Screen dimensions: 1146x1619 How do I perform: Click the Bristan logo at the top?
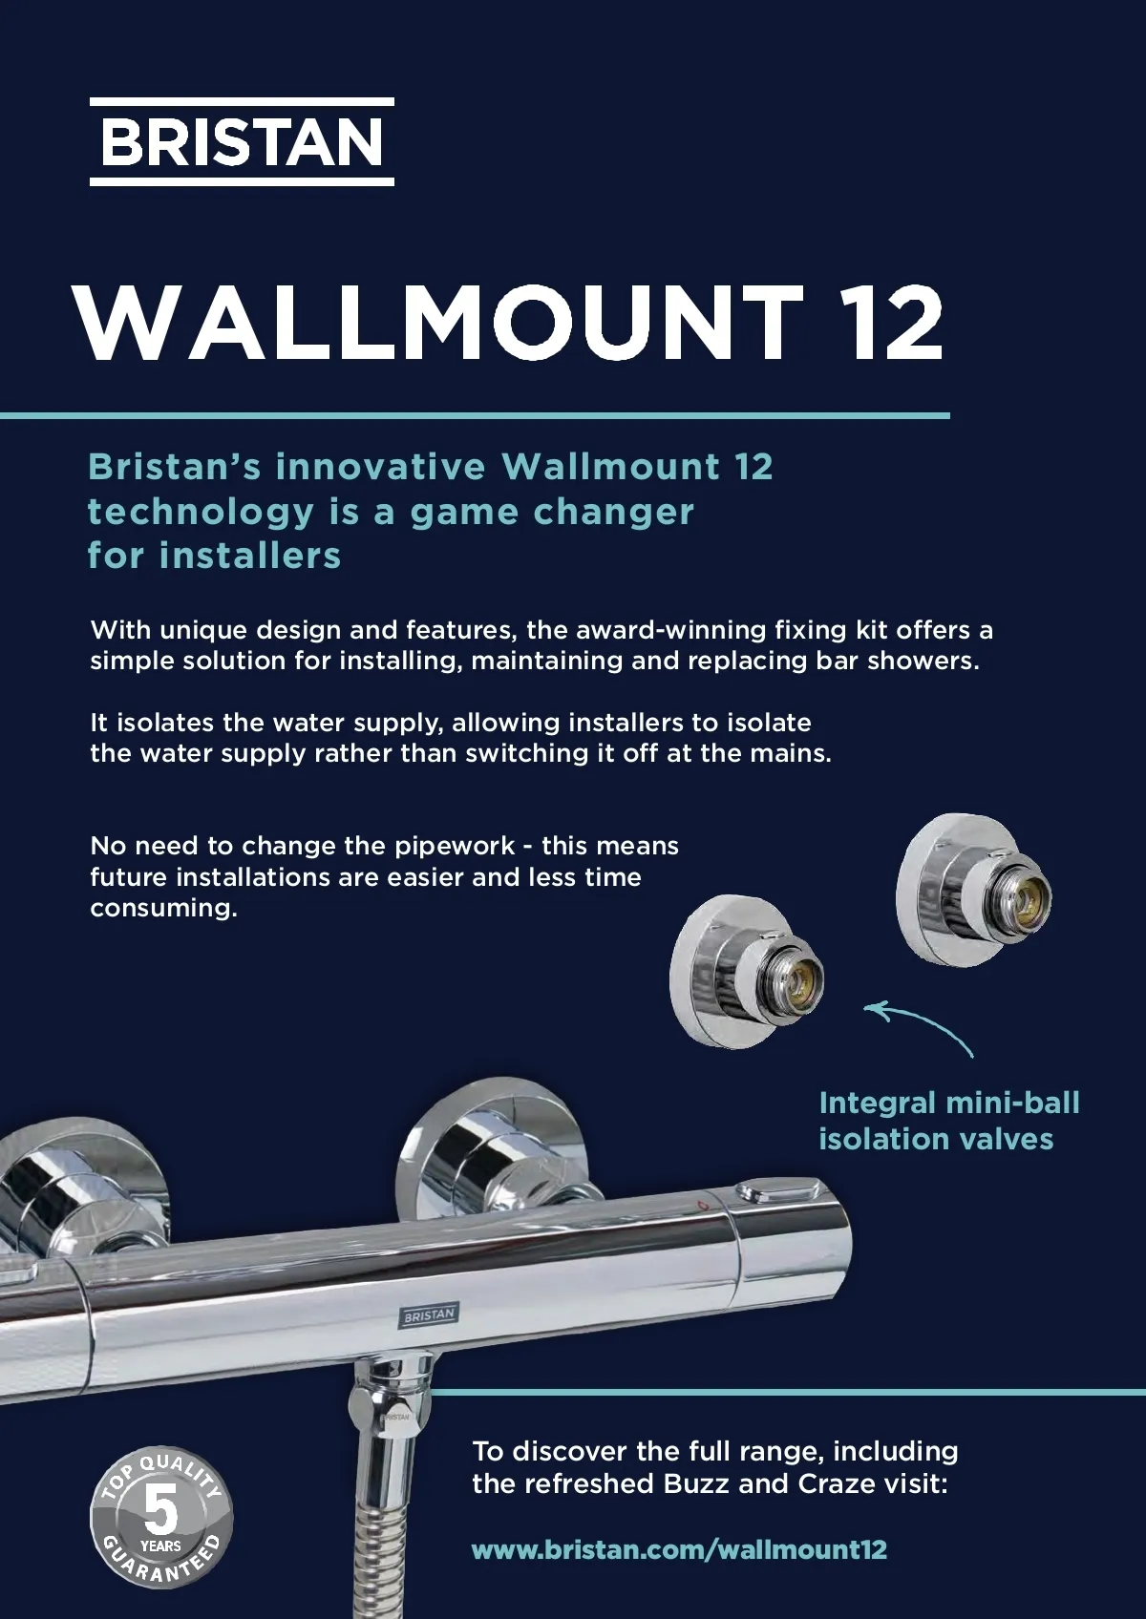pyautogui.click(x=242, y=141)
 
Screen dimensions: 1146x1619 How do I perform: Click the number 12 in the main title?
pyautogui.click(x=897, y=323)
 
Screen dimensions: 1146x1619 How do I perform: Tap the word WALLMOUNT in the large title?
pyautogui.click(x=438, y=323)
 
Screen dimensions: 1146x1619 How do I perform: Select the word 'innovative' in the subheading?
pyautogui.click(x=380, y=466)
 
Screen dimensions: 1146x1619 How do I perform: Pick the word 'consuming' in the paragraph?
pyautogui.click(x=163, y=908)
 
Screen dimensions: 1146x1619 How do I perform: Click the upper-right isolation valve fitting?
pyautogui.click(x=973, y=891)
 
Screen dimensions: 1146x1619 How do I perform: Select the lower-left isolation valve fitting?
pyautogui.click(x=746, y=972)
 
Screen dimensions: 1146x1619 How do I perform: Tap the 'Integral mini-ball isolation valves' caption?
pyautogui.click(x=948, y=1121)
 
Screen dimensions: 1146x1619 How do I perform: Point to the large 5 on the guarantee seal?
pyautogui.click(x=160, y=1509)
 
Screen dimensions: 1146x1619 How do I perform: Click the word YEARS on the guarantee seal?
pyautogui.click(x=160, y=1546)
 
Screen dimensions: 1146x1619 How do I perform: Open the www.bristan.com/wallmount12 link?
pyautogui.click(x=679, y=1550)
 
